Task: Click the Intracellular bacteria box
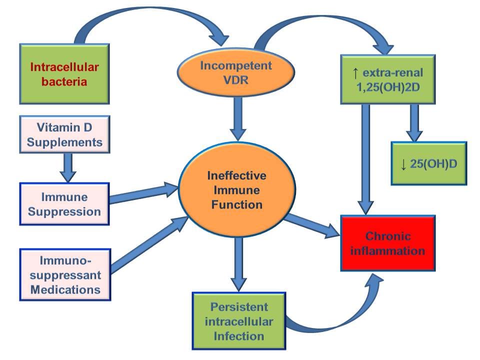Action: point(64,74)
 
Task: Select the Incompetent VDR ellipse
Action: point(236,72)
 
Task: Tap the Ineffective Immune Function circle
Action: point(237,190)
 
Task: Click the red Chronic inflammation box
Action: point(388,243)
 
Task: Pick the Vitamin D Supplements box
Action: point(64,134)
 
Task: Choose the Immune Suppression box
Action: point(64,204)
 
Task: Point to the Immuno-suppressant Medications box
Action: point(65,274)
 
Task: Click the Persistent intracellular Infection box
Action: point(239,321)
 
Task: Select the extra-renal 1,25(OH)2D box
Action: point(388,79)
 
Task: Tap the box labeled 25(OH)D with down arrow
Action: point(429,163)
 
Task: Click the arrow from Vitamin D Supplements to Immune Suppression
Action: point(68,167)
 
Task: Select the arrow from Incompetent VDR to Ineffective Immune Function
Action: point(238,119)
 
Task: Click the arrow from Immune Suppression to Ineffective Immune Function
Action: point(144,193)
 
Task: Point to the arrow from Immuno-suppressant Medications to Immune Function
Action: point(149,244)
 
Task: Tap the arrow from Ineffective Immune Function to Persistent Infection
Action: point(238,264)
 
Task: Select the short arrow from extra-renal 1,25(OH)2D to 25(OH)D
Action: point(414,123)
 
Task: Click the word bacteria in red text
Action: point(64,81)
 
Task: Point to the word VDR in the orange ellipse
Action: point(235,80)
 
